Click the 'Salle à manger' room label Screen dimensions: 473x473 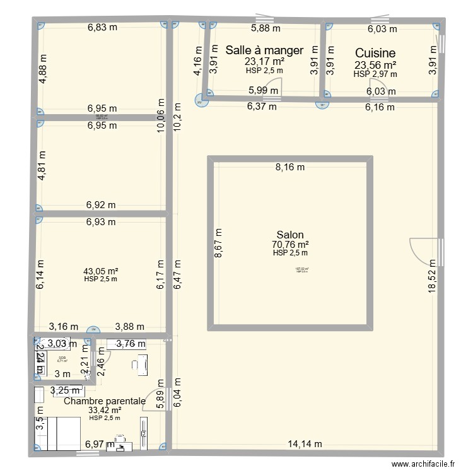pyautogui.click(x=264, y=50)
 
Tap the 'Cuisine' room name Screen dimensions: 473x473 pyautogui.click(x=375, y=54)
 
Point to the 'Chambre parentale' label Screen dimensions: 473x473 pyautogui.click(x=105, y=401)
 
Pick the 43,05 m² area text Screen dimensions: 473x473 pyautogui.click(x=101, y=272)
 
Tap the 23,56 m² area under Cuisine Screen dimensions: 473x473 pyautogui.click(x=375, y=65)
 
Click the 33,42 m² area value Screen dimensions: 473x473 pyautogui.click(x=105, y=410)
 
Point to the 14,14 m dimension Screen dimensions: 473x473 pyautogui.click(x=305, y=443)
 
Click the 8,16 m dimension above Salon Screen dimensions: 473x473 pyautogui.click(x=289, y=167)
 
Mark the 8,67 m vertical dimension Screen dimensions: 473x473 pyautogui.click(x=218, y=243)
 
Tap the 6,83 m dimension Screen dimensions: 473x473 pyautogui.click(x=102, y=27)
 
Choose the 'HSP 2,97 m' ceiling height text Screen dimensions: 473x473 pyautogui.click(x=375, y=74)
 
